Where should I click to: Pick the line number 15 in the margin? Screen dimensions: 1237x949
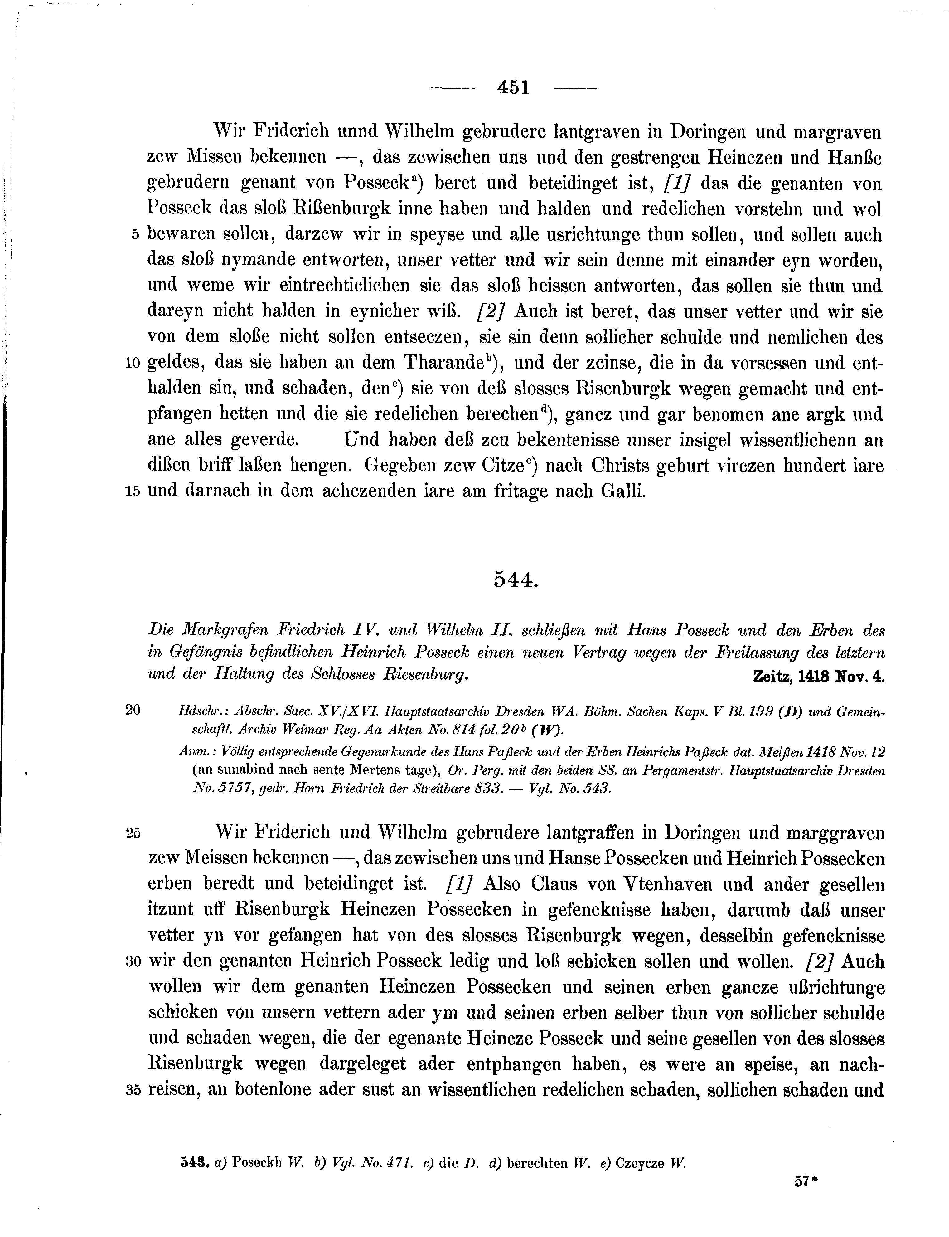click(x=132, y=491)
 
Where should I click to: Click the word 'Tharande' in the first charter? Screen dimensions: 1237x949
click(x=448, y=363)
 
